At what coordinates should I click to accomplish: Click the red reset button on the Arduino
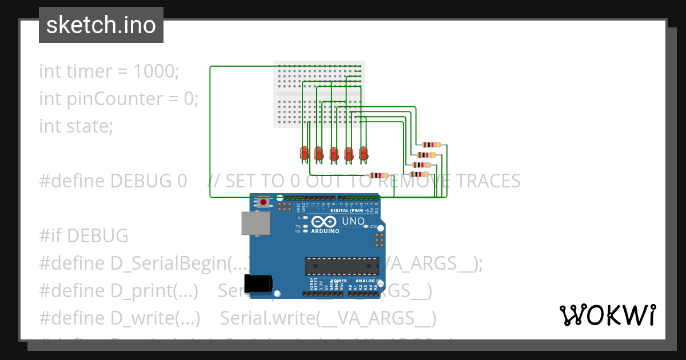tap(264, 202)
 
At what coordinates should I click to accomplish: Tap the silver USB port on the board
tap(256, 223)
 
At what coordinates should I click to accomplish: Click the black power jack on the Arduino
tap(258, 284)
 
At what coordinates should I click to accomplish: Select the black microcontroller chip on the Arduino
tap(341, 266)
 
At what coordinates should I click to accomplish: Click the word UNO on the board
tap(353, 221)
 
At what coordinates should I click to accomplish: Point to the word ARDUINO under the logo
tap(325, 231)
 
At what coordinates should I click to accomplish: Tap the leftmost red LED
tap(305, 153)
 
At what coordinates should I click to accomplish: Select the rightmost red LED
tap(363, 153)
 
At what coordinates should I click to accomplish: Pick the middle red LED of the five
tap(334, 153)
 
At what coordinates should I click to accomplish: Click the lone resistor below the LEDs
tap(378, 175)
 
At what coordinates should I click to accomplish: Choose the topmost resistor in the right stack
tap(432, 145)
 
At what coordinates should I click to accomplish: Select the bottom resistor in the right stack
tap(420, 174)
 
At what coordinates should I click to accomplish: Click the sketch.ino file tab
tap(101, 25)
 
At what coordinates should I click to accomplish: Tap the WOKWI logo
tap(607, 315)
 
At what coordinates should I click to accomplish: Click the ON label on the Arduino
tap(373, 227)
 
